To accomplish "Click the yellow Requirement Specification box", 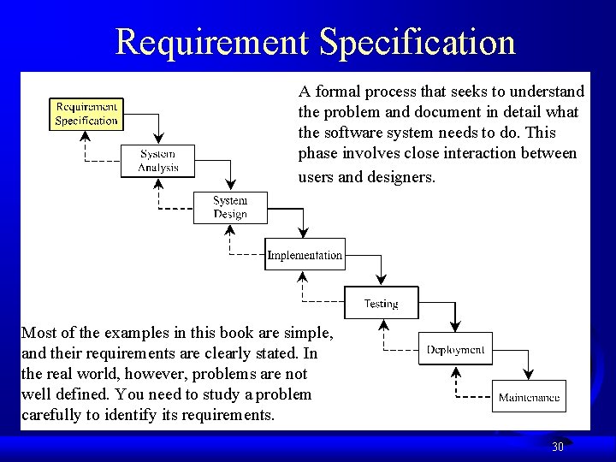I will [x=86, y=114].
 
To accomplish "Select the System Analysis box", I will [x=158, y=161].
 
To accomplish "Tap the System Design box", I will [x=230, y=207].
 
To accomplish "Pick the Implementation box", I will [x=305, y=255].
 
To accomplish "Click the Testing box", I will [x=381, y=303].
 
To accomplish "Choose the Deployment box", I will [x=455, y=348].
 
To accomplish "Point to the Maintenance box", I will [x=530, y=396].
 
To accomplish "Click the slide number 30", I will [x=558, y=447].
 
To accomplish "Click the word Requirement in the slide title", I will [x=213, y=41].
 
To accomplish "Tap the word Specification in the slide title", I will [x=419, y=41].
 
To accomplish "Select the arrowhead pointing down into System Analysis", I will [x=158, y=139].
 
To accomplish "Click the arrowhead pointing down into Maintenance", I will [x=529, y=374].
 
